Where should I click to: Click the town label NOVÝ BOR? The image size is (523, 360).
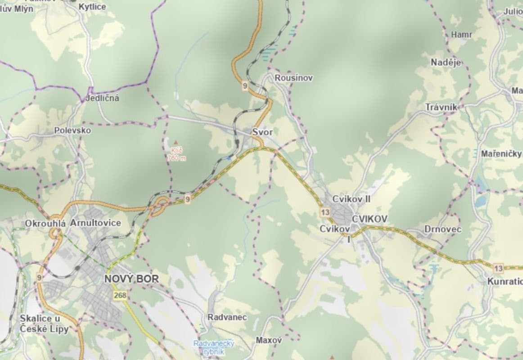tap(131, 279)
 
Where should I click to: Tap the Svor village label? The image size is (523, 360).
tap(262, 132)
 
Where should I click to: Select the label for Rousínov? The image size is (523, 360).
tap(294, 78)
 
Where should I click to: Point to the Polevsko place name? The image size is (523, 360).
tap(72, 130)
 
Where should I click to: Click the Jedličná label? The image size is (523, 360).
tap(103, 98)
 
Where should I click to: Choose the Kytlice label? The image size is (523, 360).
tap(92, 7)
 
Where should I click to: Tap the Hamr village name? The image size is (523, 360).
tap(461, 35)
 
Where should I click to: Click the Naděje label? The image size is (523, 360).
tap(446, 63)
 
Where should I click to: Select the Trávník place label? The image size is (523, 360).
tap(442, 107)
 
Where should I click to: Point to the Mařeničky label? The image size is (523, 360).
tap(501, 154)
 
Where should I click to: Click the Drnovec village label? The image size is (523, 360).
tap(443, 229)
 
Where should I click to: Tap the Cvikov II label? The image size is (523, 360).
tap(351, 199)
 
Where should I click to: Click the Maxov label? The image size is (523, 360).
tap(269, 340)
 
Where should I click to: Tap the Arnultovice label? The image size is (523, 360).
tap(95, 223)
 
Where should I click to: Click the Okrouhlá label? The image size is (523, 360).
tap(45, 224)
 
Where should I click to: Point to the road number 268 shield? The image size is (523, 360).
tap(120, 295)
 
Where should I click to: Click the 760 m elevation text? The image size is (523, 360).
tap(176, 158)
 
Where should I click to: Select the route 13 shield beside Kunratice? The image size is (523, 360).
tap(498, 269)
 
